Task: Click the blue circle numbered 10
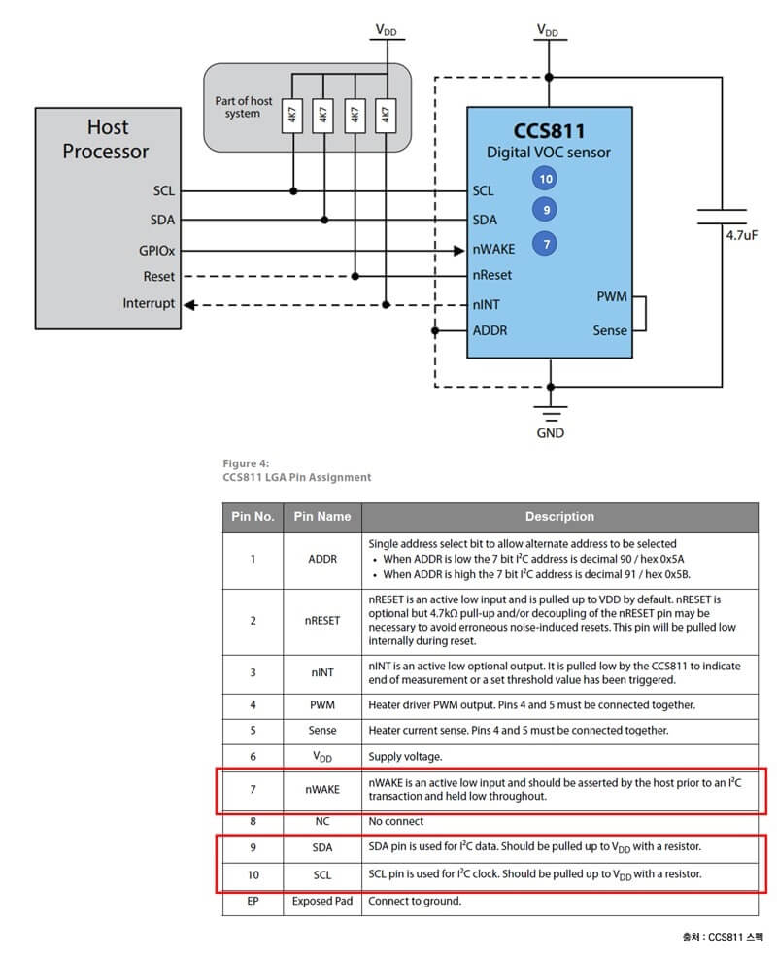546,179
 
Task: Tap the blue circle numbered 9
546,209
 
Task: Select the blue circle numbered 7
546,244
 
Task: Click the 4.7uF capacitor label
741,234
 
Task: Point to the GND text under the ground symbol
550,433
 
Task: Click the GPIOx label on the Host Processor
156,249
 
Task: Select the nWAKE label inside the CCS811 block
493,249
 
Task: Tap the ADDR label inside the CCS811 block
490,330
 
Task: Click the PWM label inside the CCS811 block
611,296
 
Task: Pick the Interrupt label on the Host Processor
149,303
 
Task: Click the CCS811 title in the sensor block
549,130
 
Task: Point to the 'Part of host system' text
243,107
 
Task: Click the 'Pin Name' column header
322,516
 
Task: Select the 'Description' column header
559,516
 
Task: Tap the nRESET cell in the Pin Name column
322,620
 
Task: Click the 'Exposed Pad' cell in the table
322,901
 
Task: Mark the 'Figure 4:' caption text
246,462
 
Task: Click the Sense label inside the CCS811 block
610,330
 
